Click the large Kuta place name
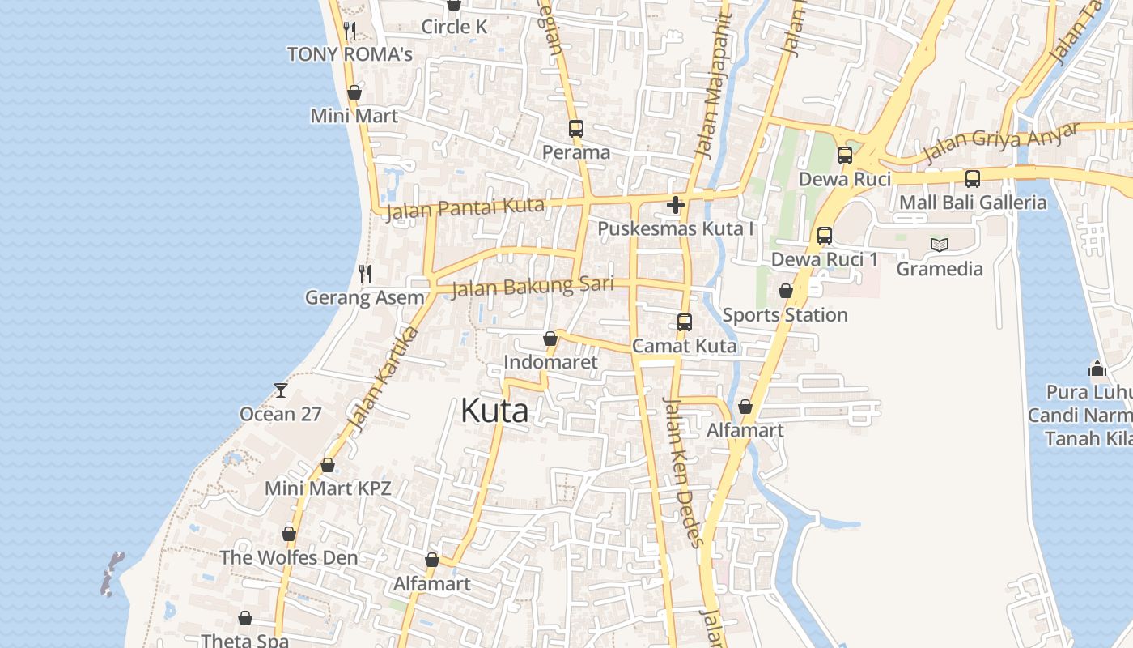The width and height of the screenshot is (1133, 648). tap(494, 411)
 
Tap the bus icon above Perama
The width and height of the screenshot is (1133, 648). tap(576, 129)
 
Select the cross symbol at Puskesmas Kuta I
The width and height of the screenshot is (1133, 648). tap(676, 205)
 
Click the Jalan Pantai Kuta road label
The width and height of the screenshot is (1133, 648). tap(465, 207)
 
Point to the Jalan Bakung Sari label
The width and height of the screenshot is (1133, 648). tap(532, 286)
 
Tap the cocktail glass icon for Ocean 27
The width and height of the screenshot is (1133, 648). tap(281, 390)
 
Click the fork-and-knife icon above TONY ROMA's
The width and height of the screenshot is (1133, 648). tap(350, 31)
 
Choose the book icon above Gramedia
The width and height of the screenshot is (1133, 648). tap(939, 245)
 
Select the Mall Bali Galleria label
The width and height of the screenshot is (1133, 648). tap(973, 202)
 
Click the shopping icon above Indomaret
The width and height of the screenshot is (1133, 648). tap(550, 339)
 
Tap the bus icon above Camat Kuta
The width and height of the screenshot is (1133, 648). tap(685, 322)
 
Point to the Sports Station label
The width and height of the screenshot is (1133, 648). tap(785, 314)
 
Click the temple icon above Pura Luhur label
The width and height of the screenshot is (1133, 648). tap(1097, 369)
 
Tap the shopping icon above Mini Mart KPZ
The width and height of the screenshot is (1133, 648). tap(328, 465)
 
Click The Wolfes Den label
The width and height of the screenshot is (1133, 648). tap(289, 557)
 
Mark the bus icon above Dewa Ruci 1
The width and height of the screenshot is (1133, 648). tap(824, 236)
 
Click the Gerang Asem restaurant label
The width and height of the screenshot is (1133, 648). tap(364, 297)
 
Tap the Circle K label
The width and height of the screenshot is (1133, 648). tap(454, 27)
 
